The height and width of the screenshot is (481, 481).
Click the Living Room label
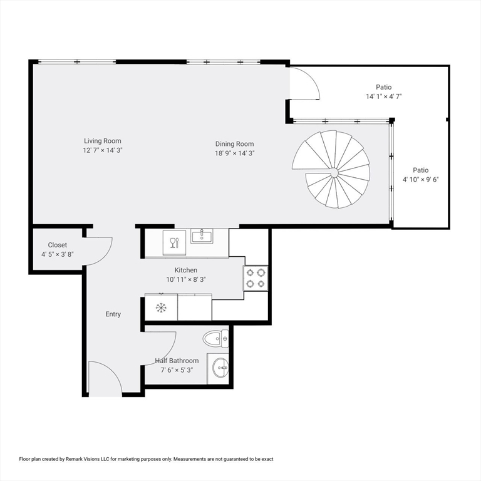click(x=103, y=141)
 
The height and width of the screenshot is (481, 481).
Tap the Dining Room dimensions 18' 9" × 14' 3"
click(x=235, y=153)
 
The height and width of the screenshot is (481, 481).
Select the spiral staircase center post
click(x=334, y=174)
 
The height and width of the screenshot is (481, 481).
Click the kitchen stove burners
click(x=256, y=278)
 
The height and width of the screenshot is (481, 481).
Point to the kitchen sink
click(x=202, y=236)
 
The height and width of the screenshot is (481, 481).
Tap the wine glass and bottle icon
click(x=174, y=242)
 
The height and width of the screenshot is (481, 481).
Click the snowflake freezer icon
click(x=161, y=308)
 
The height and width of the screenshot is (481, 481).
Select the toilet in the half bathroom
click(x=215, y=339)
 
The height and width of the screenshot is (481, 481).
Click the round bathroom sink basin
click(x=221, y=368)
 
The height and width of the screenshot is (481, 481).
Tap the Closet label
click(x=58, y=245)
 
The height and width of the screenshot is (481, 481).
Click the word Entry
click(x=113, y=314)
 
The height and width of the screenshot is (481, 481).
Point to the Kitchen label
click(x=186, y=270)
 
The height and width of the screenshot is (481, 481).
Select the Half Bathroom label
click(x=177, y=361)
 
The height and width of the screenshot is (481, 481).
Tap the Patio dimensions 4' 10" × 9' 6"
click(x=421, y=180)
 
